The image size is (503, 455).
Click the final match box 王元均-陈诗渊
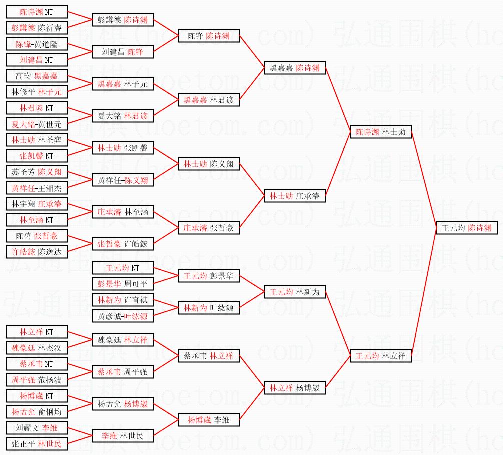(467, 227)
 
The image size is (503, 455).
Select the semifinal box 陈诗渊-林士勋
(381, 132)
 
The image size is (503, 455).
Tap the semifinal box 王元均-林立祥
(381, 356)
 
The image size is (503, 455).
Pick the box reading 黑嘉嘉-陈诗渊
(295, 68)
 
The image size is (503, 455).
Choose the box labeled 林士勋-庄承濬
(295, 196)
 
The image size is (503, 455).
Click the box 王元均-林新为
(295, 292)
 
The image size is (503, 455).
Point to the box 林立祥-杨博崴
(295, 388)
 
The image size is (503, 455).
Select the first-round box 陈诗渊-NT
(37, 12)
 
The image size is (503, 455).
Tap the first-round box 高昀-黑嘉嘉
(37, 76)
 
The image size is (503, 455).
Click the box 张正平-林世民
(37, 444)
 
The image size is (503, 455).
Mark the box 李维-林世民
(123, 436)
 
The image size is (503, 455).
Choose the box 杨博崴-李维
(209, 420)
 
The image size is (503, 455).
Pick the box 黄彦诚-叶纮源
(123, 316)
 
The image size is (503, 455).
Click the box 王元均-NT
(123, 268)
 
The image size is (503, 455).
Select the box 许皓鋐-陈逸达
(37, 252)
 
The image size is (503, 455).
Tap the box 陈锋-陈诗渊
(209, 36)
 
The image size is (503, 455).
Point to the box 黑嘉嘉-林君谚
(209, 100)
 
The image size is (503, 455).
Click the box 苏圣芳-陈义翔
(37, 172)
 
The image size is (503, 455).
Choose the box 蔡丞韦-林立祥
(209, 356)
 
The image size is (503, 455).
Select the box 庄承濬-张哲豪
(209, 228)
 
